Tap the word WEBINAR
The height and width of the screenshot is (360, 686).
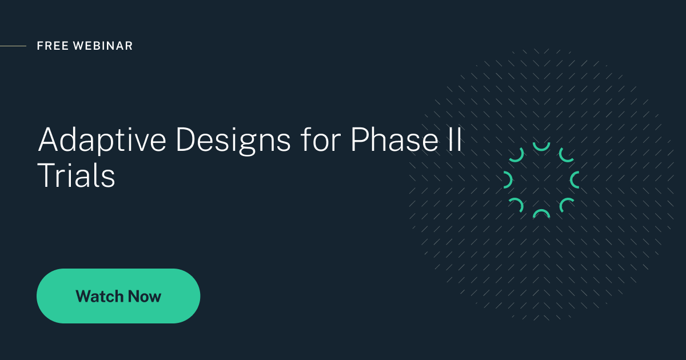point(103,46)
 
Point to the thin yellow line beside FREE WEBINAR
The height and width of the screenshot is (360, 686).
point(13,46)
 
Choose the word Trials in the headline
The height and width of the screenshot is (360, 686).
point(77,176)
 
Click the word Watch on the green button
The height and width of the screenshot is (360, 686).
point(99,297)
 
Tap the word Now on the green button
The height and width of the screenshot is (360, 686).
point(145,297)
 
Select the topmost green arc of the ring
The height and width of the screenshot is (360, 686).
point(541,147)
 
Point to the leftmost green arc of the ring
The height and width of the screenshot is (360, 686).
point(508,180)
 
